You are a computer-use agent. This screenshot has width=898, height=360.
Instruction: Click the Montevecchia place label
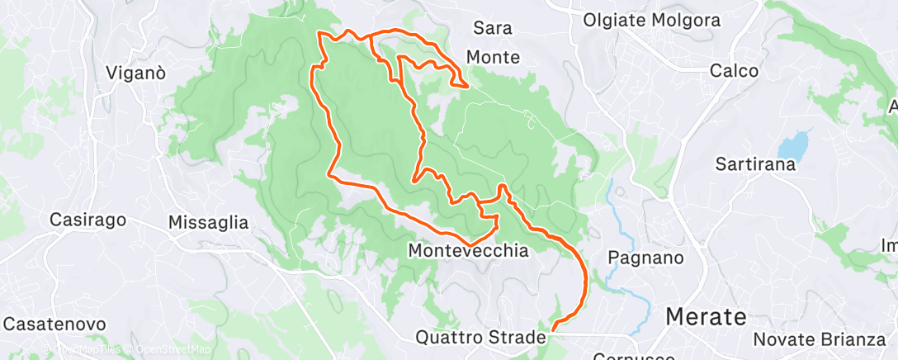468,249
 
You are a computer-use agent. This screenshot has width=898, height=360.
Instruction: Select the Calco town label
734,71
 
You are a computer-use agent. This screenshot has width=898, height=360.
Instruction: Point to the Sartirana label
756,163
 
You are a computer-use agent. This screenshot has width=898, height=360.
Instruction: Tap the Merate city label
705,316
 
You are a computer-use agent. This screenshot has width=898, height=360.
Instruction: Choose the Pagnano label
645,258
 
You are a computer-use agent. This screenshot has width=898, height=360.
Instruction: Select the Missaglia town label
207,222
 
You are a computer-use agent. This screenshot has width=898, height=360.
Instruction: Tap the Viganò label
136,73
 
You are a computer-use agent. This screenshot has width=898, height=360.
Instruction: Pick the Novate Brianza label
819,339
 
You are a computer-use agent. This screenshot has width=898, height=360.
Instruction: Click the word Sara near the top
493,28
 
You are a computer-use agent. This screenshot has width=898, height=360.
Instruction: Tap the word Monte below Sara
493,57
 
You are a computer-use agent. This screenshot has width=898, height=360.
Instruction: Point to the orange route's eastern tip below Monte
467,85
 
